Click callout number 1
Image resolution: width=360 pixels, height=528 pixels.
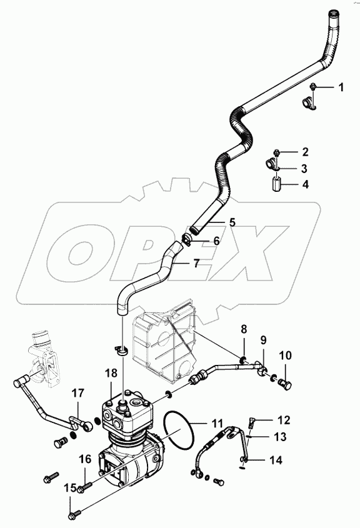tap(341, 87)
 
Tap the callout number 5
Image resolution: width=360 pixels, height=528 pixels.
tap(232, 221)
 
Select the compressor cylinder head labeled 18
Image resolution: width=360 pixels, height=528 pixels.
tap(128, 413)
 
